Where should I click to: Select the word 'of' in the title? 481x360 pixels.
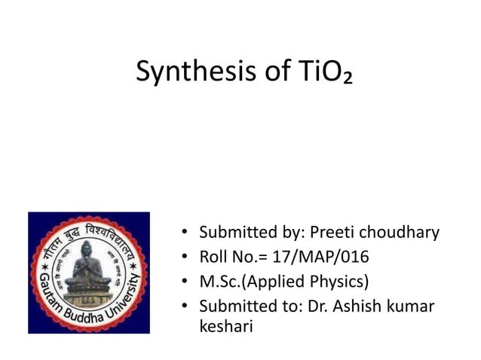click(266, 72)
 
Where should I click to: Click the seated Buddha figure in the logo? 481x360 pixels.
click(88, 272)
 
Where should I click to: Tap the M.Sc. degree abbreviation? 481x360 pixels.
click(219, 282)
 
